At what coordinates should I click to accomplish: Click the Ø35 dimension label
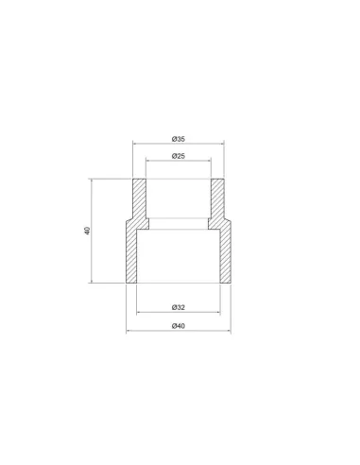click(x=179, y=139)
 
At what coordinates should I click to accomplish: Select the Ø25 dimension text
click(x=179, y=156)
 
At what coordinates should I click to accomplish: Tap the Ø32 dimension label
click(x=179, y=307)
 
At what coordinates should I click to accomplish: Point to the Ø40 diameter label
click(x=179, y=326)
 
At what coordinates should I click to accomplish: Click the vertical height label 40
click(x=87, y=231)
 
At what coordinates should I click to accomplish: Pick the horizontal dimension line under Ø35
click(x=179, y=144)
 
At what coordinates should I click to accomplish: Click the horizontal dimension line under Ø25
click(x=179, y=161)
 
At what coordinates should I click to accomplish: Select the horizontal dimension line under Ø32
click(x=179, y=312)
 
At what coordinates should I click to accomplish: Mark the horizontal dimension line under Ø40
click(x=179, y=331)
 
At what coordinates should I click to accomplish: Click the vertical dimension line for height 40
click(x=92, y=231)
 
